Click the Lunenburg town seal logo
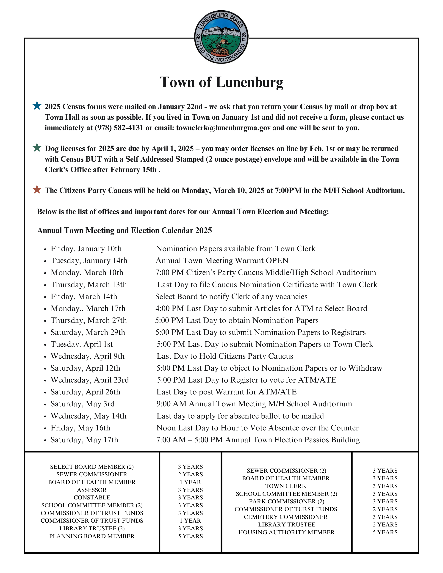[x=221, y=37]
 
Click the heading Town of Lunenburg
[x=221, y=82]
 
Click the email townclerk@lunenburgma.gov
[x=223, y=128]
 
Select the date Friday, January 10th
[x=86, y=248]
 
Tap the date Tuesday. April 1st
[x=82, y=344]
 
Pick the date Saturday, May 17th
[x=84, y=440]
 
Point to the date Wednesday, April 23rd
[x=90, y=380]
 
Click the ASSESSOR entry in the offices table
[x=92, y=490]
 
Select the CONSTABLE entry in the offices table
[x=92, y=497]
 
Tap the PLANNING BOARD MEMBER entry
[x=92, y=536]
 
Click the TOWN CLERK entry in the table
[x=285, y=486]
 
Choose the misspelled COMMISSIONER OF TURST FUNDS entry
[x=285, y=509]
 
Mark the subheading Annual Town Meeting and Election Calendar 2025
[x=125, y=230]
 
